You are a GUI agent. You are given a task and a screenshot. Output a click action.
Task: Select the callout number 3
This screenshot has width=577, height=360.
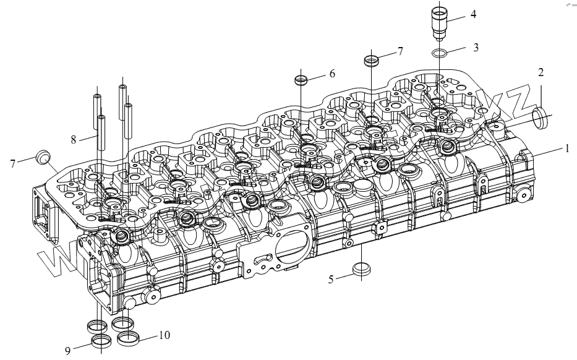point(476,46)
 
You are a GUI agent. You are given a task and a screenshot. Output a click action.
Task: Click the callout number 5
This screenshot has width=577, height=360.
point(331,280)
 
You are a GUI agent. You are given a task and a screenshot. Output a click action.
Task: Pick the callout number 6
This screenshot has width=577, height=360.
point(332,73)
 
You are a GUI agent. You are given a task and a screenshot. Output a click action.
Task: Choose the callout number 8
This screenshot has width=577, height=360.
point(74,140)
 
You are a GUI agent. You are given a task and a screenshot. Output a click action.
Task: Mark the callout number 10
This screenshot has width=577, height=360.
point(164,335)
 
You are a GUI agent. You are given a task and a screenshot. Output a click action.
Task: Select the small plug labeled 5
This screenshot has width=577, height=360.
point(359,270)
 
